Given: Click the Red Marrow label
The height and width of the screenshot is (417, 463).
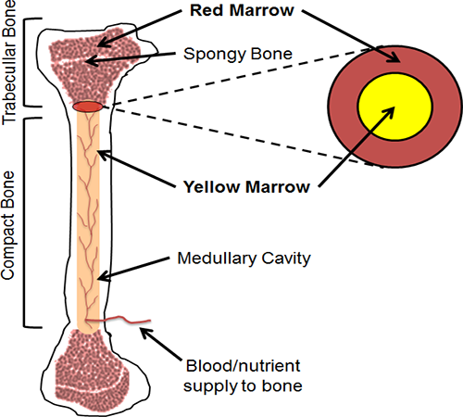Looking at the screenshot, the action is [x=242, y=10].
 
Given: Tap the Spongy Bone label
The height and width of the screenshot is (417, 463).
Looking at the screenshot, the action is [x=238, y=54].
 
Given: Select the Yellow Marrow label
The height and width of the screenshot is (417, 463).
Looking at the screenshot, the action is [x=246, y=187].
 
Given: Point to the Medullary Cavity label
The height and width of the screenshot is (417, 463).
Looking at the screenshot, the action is [x=244, y=259].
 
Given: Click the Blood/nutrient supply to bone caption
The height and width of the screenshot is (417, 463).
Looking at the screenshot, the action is [x=243, y=376].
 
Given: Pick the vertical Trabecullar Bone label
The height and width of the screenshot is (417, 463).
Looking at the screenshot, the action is [x=9, y=62].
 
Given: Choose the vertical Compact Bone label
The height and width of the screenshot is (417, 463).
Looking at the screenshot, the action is [x=8, y=226].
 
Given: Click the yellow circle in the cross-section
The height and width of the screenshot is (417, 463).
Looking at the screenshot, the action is [x=395, y=107].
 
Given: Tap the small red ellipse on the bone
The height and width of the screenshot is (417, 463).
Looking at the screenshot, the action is [x=88, y=107].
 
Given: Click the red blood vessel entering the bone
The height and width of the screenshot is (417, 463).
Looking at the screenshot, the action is [x=119, y=321].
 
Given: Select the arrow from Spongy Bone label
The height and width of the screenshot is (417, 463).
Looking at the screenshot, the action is [x=131, y=57].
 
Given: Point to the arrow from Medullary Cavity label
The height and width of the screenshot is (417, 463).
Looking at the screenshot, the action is [x=134, y=269].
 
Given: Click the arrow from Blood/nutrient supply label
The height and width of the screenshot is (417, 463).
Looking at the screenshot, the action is [x=161, y=344].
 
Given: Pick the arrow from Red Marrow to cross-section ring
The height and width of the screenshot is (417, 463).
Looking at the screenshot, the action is [x=351, y=36].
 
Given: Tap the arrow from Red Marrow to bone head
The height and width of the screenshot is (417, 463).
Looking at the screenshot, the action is [x=140, y=29].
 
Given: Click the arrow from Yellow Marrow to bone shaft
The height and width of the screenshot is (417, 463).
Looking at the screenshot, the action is [x=137, y=169].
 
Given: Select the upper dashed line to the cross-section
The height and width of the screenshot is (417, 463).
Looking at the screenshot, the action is [x=243, y=76].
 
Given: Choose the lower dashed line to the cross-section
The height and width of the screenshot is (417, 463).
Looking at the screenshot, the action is [x=243, y=137].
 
